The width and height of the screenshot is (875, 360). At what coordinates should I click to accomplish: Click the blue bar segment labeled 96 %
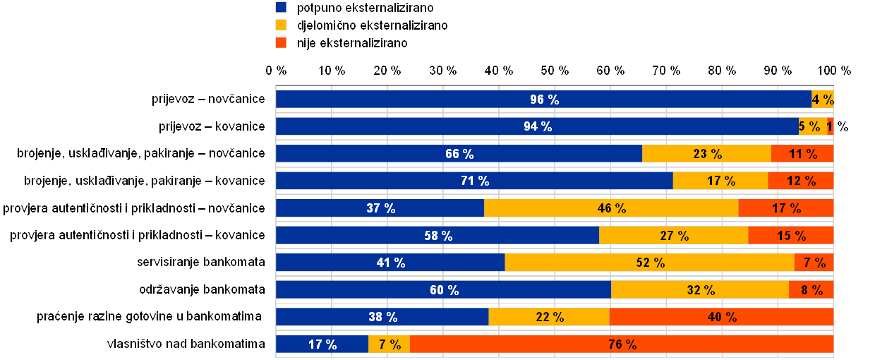coord(543,100)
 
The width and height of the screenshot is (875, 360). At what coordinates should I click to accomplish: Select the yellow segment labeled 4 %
coord(823,100)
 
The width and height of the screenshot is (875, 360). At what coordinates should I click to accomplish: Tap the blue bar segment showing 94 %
coord(537,126)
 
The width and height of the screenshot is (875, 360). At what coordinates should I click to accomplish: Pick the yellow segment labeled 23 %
coord(706,154)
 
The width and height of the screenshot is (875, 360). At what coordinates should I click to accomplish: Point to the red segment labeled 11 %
coord(802,154)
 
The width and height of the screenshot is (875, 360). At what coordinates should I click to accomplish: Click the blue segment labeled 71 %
coord(474,181)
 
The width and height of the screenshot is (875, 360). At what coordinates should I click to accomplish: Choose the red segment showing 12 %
coord(800,181)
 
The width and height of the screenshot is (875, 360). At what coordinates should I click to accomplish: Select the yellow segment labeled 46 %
coord(611,208)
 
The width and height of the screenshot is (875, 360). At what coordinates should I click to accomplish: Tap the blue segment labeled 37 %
coord(380,208)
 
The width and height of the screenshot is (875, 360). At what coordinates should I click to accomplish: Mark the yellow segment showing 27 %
coord(673,235)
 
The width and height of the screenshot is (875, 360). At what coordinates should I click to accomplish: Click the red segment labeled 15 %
coord(790,235)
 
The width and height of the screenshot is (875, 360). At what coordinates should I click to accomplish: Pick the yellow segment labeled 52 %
coord(649,263)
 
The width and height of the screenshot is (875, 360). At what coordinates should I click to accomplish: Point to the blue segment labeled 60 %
coord(443,289)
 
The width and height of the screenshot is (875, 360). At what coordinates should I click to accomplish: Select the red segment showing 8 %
coord(811,289)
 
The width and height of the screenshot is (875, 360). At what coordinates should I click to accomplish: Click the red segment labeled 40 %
coord(721,317)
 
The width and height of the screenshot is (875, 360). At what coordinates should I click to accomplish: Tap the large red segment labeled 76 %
coord(621,344)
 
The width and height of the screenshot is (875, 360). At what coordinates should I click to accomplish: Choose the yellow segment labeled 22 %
coord(549,317)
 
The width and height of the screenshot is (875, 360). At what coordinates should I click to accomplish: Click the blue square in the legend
coord(282,8)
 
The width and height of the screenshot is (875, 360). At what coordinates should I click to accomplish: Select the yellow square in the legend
coord(282,25)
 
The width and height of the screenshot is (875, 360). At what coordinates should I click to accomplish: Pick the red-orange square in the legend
coord(282,42)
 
